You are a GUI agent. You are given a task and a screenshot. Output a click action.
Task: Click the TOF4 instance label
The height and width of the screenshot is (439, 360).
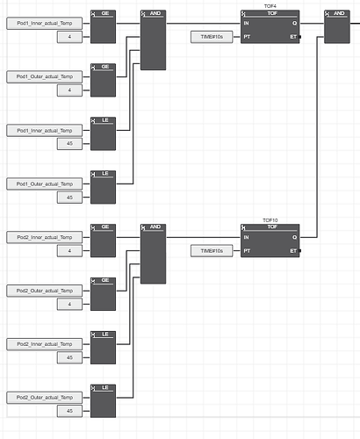coord(270,6)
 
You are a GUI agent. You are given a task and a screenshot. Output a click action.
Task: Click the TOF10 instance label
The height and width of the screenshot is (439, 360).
coord(270,220)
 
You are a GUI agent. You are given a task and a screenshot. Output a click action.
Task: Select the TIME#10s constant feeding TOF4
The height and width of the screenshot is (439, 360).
coord(212,37)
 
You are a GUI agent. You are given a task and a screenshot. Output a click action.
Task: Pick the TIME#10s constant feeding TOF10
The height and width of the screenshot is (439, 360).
coord(212,251)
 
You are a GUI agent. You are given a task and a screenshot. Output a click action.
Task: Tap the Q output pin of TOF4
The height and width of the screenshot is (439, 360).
coord(294,23)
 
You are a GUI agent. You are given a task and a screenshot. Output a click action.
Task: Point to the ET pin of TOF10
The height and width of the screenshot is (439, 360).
coord(293,251)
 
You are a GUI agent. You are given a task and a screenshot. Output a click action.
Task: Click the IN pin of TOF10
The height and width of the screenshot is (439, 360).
coord(246,237)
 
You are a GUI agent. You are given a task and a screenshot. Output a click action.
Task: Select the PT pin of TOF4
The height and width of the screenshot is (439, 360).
coord(247,37)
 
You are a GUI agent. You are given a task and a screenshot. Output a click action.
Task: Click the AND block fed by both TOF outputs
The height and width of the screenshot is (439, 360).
coord(337,26)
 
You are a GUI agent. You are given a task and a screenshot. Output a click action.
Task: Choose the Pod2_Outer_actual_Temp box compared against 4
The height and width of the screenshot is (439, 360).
coord(45,291)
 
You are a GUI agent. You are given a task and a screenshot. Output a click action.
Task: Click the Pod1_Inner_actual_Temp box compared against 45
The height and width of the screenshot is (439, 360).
coord(45,131)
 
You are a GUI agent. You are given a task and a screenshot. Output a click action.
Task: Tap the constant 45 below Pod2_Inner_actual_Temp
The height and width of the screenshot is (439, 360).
coord(69,357)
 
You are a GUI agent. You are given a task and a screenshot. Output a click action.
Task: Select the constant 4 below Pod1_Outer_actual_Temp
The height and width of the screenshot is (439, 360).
coord(69,90)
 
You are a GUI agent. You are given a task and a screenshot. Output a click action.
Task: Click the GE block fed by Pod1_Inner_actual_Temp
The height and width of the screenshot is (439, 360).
coord(103,26)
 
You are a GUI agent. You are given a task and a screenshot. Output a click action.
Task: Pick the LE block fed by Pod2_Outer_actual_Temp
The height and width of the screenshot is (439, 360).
coord(103,401)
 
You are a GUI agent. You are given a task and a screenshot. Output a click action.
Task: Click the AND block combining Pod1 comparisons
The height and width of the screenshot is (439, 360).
coord(153,40)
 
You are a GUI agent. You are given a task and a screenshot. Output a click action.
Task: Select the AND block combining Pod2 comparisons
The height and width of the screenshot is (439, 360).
coord(153,254)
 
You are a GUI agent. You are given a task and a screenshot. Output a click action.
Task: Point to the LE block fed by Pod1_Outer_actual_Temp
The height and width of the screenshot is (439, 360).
coord(103,187)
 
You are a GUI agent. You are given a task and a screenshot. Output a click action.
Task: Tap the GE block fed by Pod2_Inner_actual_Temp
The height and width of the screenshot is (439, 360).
coord(103,241)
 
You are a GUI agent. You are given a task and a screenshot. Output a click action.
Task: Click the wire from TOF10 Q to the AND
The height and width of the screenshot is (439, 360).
coord(317,137)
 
